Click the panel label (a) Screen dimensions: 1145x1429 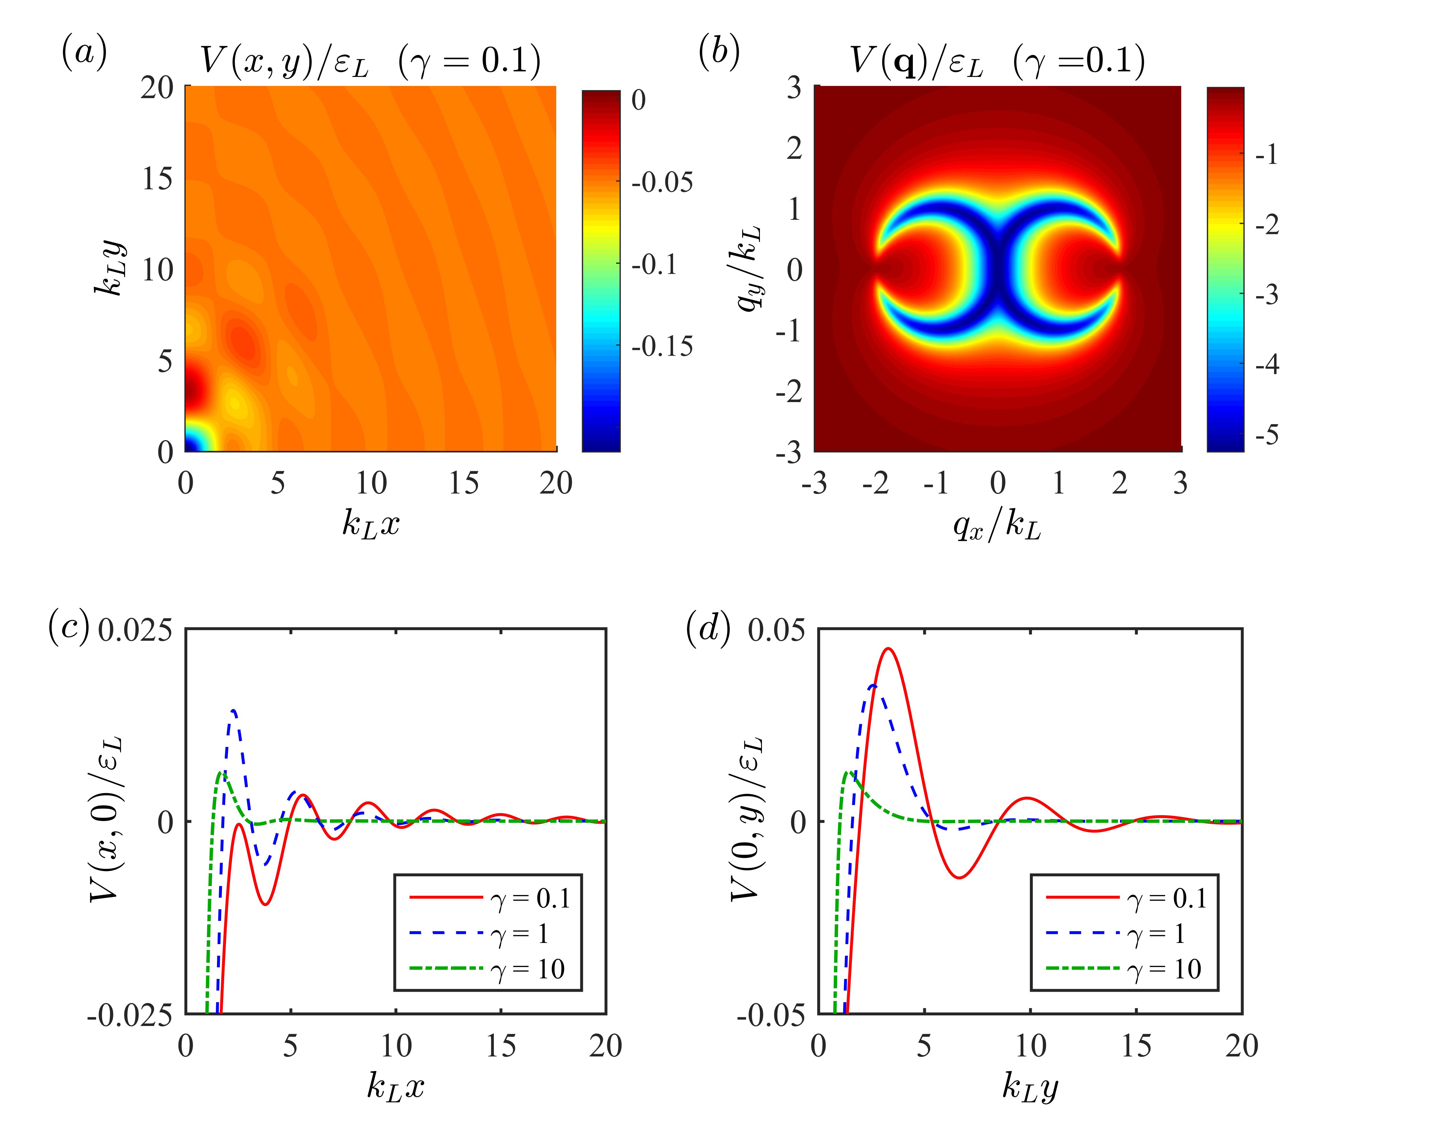point(84,53)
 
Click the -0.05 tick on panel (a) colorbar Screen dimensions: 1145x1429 point(662,182)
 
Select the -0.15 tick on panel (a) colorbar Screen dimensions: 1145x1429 point(662,346)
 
